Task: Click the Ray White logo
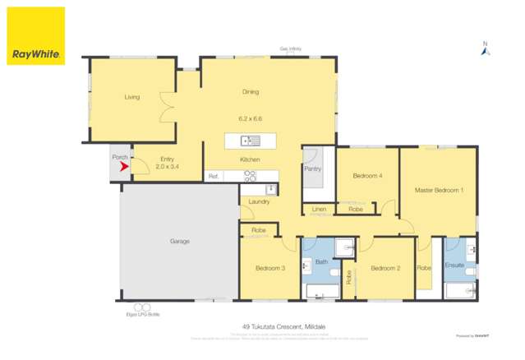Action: coord(36,36)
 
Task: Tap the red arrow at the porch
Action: coord(123,167)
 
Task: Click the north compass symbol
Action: coord(485,50)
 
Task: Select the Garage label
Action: coord(179,241)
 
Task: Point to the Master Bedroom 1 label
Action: coord(439,190)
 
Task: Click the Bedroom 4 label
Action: coord(366,176)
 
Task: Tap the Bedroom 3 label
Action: coord(269,268)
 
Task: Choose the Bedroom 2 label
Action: coord(385,268)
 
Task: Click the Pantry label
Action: coord(312,169)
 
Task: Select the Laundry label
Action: coord(258,201)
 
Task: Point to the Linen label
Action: coord(319,210)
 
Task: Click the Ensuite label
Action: coord(454,265)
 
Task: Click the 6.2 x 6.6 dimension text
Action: coord(251,118)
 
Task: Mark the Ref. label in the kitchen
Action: coord(213,176)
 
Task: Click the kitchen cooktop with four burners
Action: coord(250,175)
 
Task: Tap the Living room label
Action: coord(131,97)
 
